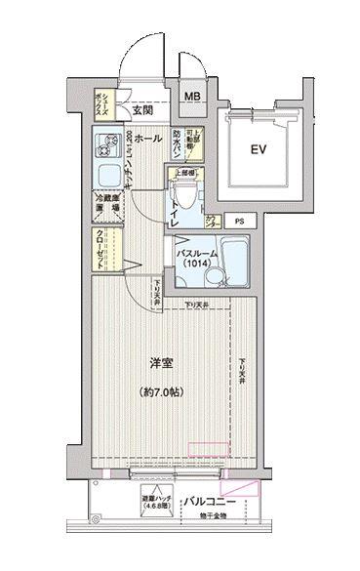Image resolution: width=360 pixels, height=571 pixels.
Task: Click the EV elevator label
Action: [259, 150]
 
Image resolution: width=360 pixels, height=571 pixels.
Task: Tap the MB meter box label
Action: [194, 97]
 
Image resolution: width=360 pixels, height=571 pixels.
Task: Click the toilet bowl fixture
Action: [181, 196]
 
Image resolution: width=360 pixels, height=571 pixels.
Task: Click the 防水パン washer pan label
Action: [180, 143]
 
